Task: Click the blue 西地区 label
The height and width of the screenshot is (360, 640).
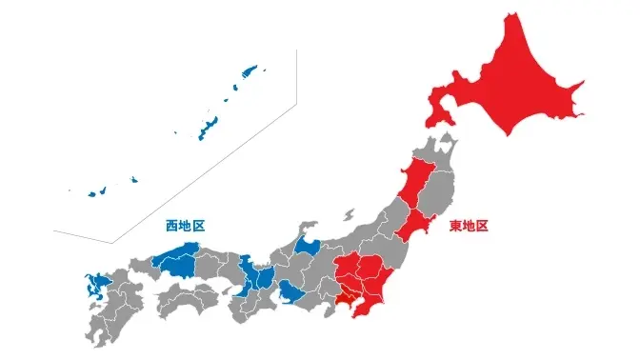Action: [x=185, y=227]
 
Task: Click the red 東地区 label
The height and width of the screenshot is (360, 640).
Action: [x=469, y=227]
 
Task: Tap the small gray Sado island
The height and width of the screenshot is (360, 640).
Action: [x=350, y=215]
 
